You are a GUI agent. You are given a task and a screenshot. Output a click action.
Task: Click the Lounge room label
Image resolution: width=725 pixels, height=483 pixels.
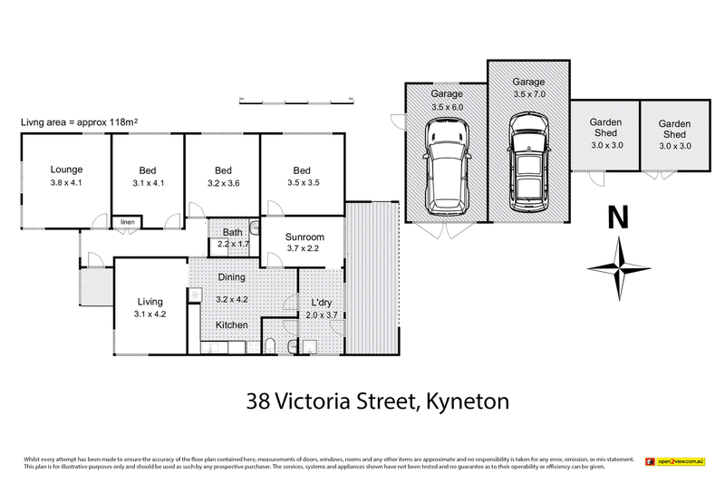(66, 169)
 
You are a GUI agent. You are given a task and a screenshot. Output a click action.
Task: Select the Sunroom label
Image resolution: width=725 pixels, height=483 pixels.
(304, 237)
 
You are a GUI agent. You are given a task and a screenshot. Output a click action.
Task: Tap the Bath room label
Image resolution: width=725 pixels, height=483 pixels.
(233, 233)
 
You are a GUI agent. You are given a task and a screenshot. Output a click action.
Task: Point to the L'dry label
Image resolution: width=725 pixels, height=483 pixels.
(324, 301)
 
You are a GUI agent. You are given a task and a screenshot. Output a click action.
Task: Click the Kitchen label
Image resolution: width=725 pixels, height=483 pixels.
(232, 324)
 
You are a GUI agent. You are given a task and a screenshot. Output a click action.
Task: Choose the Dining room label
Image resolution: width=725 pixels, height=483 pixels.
(232, 278)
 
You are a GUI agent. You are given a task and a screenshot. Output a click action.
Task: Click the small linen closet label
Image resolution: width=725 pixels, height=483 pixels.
(127, 221)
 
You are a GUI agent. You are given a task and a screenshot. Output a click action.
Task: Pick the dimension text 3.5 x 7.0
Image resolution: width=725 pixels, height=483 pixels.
(529, 92)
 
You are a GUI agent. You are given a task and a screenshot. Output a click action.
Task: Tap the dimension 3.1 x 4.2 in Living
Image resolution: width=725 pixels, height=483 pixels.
(149, 314)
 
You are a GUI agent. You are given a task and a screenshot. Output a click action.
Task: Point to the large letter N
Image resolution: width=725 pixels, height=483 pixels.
(618, 217)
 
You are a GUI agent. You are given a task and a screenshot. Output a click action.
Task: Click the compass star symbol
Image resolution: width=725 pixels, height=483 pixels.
(618, 266)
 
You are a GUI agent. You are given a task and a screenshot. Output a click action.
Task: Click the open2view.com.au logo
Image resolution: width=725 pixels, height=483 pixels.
(679, 461)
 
